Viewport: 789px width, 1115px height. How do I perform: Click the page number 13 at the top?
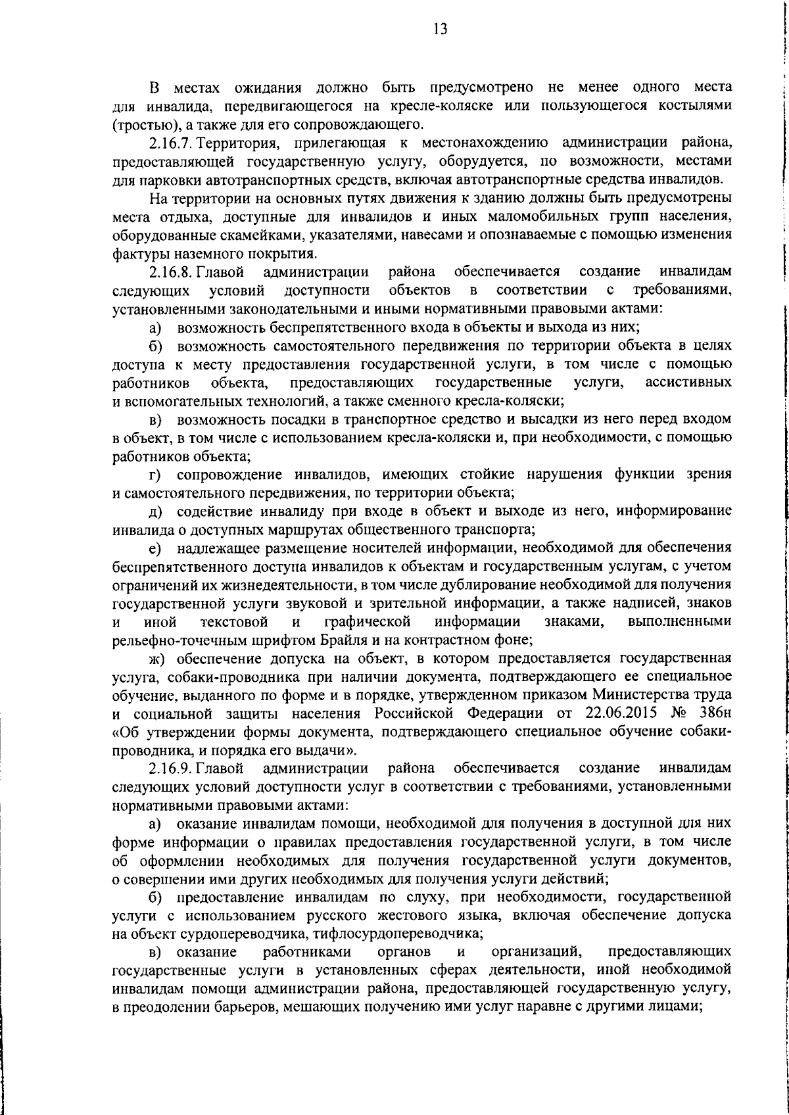coord(441,28)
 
